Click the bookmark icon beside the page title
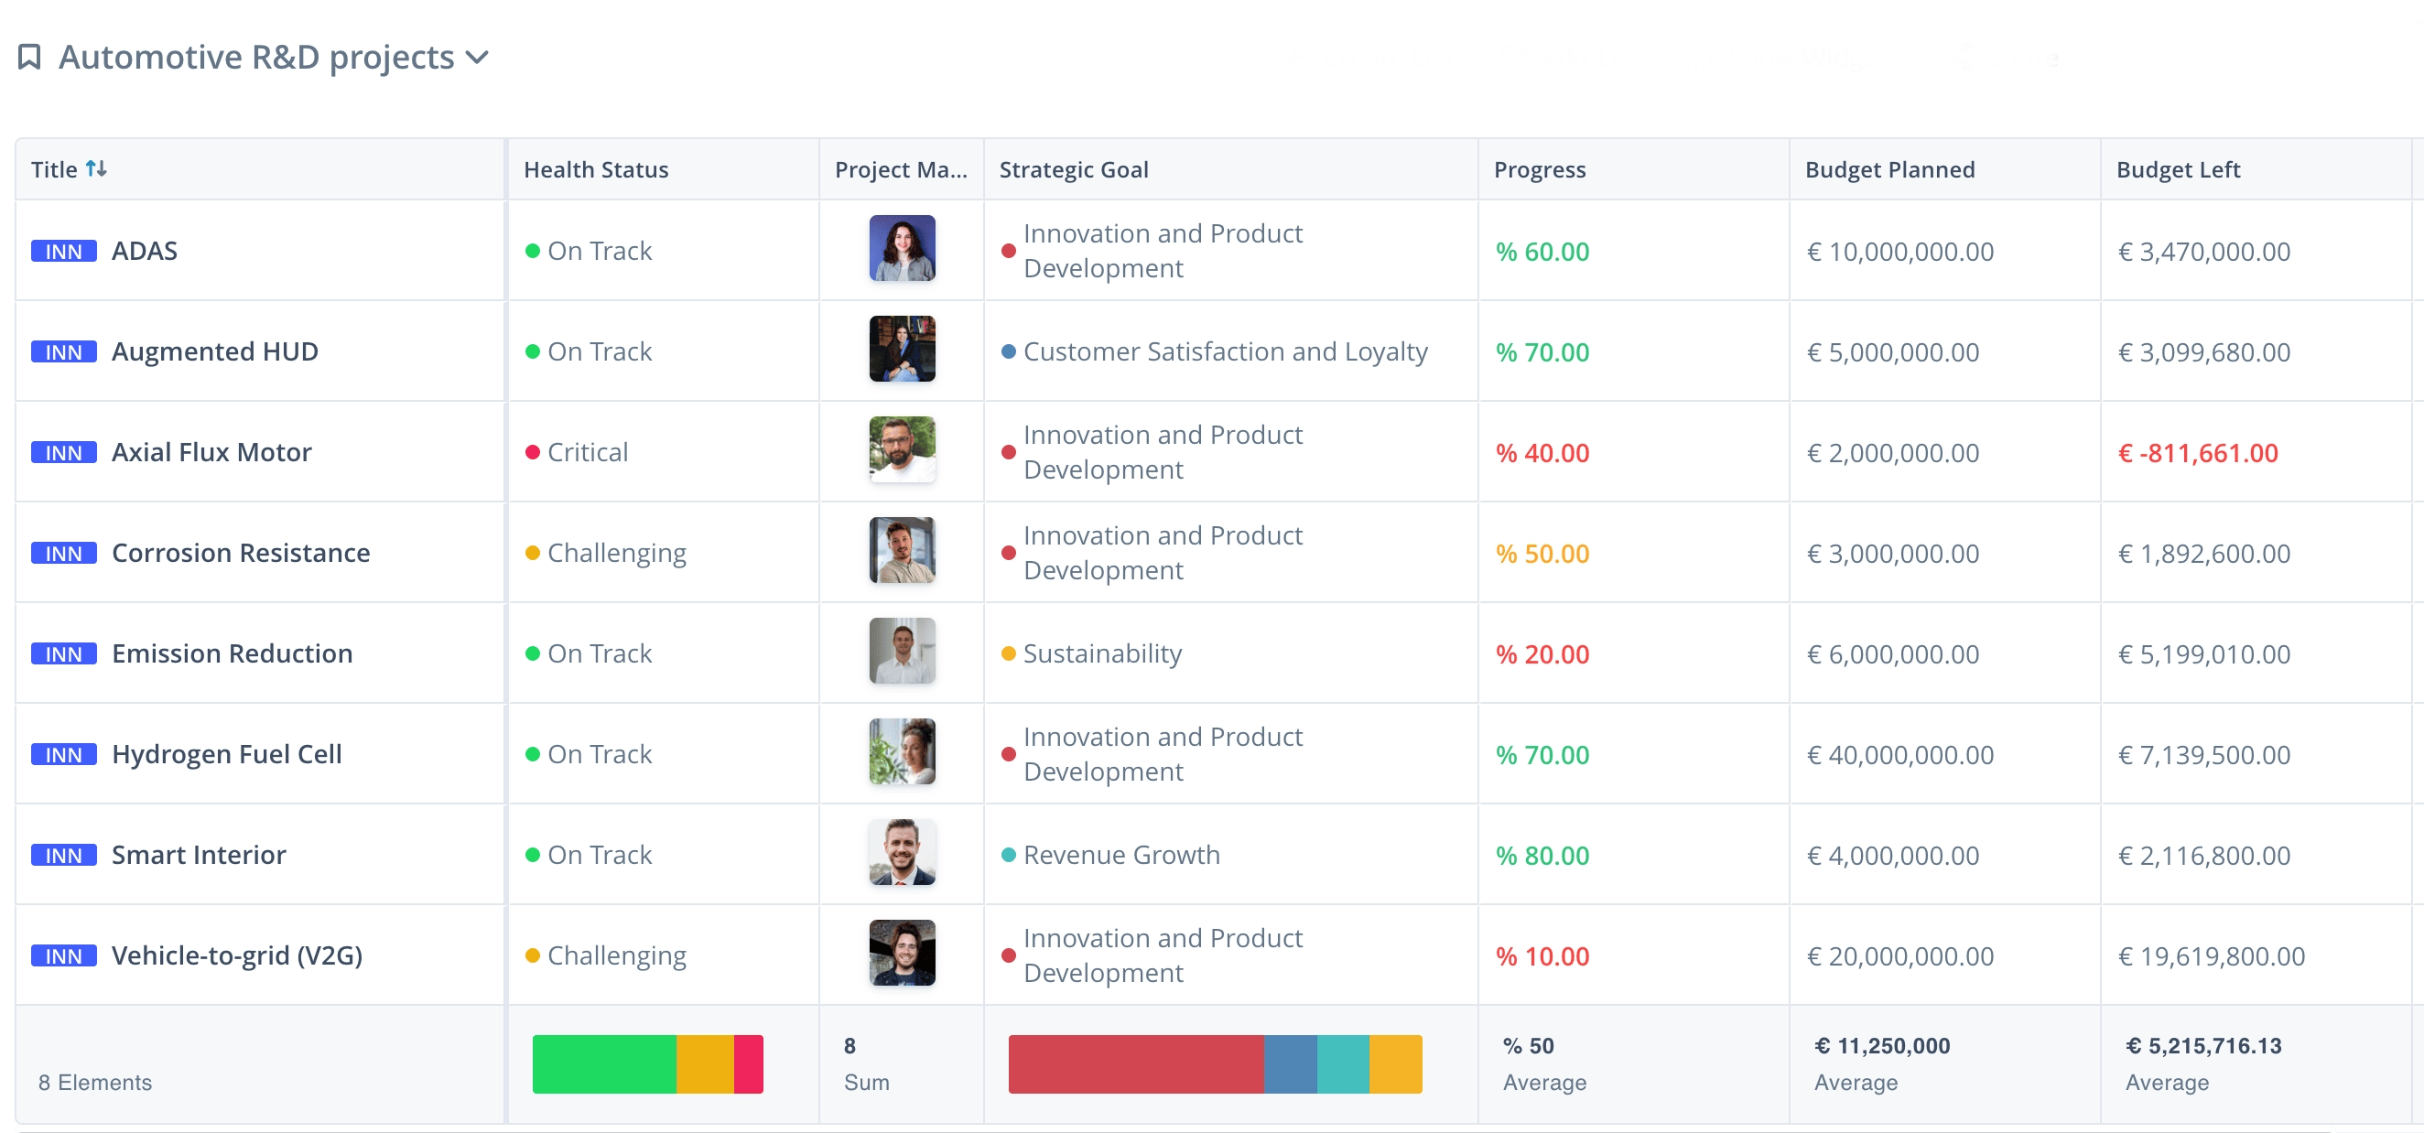[x=29, y=58]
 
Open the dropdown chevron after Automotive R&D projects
[x=478, y=58]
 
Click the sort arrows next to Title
[x=96, y=168]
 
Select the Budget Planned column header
[x=1889, y=169]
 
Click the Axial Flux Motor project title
[x=211, y=453]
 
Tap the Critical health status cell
[x=587, y=453]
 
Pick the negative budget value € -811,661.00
[x=2197, y=454]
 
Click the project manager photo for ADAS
[x=902, y=248]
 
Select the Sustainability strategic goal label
[x=1102, y=654]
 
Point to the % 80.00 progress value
[x=1542, y=856]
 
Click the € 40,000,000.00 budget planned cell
[x=1899, y=755]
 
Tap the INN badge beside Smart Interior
[x=64, y=856]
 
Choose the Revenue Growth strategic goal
[x=1120, y=856]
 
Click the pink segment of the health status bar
[x=748, y=1064]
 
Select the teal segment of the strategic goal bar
[x=1343, y=1064]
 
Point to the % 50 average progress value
[x=1528, y=1046]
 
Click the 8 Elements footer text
[x=95, y=1082]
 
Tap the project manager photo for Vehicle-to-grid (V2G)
[x=902, y=953]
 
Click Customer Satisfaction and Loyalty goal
[x=1225, y=352]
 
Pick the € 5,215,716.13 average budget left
[x=2202, y=1046]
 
